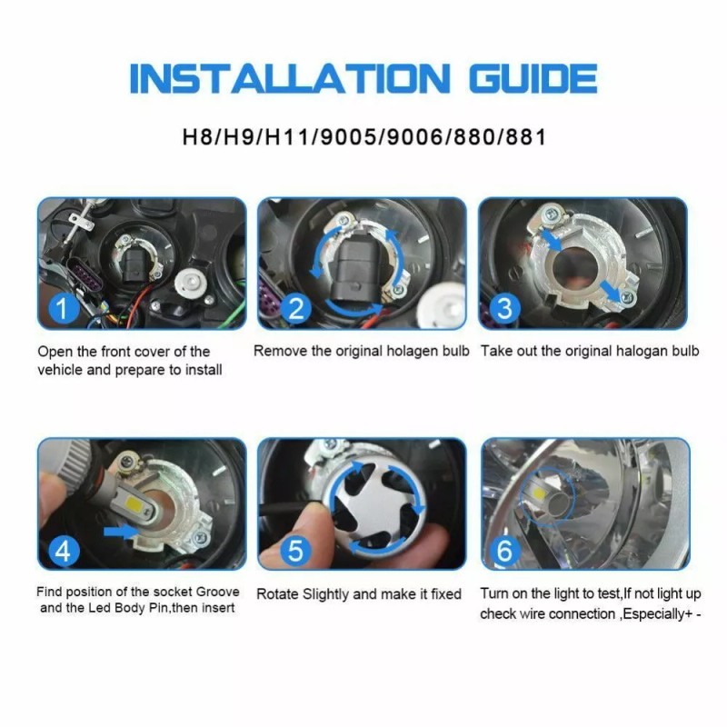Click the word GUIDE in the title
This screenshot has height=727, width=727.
point(533,79)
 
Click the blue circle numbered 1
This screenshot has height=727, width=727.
point(63,309)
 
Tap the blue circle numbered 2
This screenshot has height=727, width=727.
point(294,309)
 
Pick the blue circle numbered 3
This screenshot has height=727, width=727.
point(504,309)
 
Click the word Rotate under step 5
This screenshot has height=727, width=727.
point(279,594)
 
